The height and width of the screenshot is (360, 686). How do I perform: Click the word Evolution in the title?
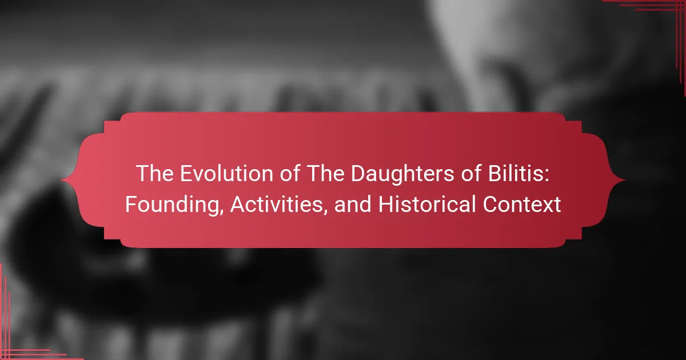pyautogui.click(x=226, y=174)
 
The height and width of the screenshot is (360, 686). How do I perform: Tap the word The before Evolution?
pyautogui.click(x=155, y=174)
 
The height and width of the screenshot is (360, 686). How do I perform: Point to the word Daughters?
pyautogui.click(x=402, y=174)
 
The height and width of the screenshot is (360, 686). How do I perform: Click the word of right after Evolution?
pyautogui.click(x=290, y=174)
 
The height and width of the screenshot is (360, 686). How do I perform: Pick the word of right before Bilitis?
pyautogui.click(x=471, y=174)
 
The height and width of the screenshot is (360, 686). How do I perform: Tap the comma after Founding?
pyautogui.click(x=222, y=211)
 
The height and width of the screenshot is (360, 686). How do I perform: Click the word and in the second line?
pyautogui.click(x=353, y=204)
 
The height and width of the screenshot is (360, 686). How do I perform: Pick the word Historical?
pyautogui.click(x=427, y=204)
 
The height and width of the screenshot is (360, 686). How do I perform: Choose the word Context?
pyautogui.click(x=522, y=204)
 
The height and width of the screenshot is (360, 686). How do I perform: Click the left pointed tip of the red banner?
pyautogui.click(x=61, y=180)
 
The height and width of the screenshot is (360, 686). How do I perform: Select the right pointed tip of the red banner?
pyautogui.click(x=625, y=180)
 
